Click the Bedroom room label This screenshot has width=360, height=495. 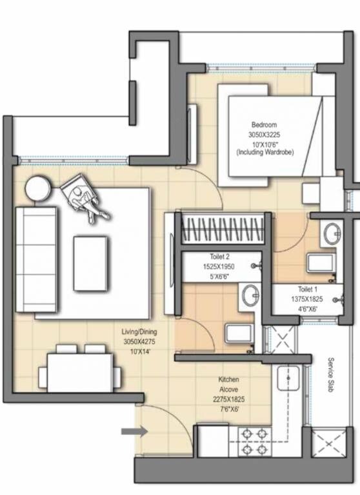point(265,124)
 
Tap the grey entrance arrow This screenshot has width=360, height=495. point(134,431)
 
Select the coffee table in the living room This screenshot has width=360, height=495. point(90,263)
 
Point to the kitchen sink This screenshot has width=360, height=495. point(288,378)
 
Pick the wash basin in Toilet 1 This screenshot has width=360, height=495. point(332,233)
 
